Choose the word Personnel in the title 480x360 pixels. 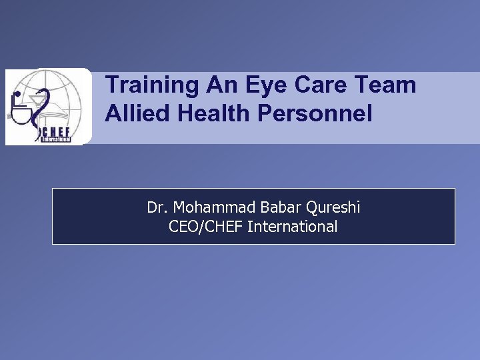317,113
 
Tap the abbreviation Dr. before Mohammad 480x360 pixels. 157,207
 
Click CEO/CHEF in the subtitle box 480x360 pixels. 206,227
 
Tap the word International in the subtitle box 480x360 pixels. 293,227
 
